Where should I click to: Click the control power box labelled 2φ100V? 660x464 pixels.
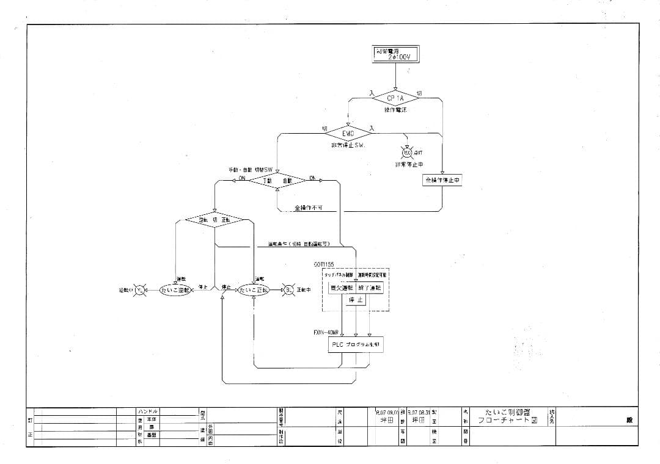click(395, 54)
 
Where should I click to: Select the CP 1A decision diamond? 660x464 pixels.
click(395, 98)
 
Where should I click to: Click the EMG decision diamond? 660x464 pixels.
click(348, 132)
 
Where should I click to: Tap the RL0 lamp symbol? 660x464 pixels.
click(407, 153)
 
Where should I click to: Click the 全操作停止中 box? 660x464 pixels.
click(442, 181)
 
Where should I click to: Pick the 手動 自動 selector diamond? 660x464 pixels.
click(277, 180)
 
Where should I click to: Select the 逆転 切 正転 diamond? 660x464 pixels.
click(215, 219)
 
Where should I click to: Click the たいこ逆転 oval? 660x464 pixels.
click(175, 290)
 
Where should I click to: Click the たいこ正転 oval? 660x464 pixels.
click(254, 290)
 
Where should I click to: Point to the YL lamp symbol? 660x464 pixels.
click(140, 290)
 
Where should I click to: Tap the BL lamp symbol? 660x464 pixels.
click(288, 290)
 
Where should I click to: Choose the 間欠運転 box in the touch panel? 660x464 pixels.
click(342, 288)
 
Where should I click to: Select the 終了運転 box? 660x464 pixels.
click(370, 288)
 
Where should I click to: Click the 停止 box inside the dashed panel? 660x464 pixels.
click(356, 300)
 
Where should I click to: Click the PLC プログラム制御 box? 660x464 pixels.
click(356, 345)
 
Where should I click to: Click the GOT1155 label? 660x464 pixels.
click(324, 264)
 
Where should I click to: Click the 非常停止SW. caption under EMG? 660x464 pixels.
click(348, 146)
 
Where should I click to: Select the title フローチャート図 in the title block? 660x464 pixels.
click(507, 421)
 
